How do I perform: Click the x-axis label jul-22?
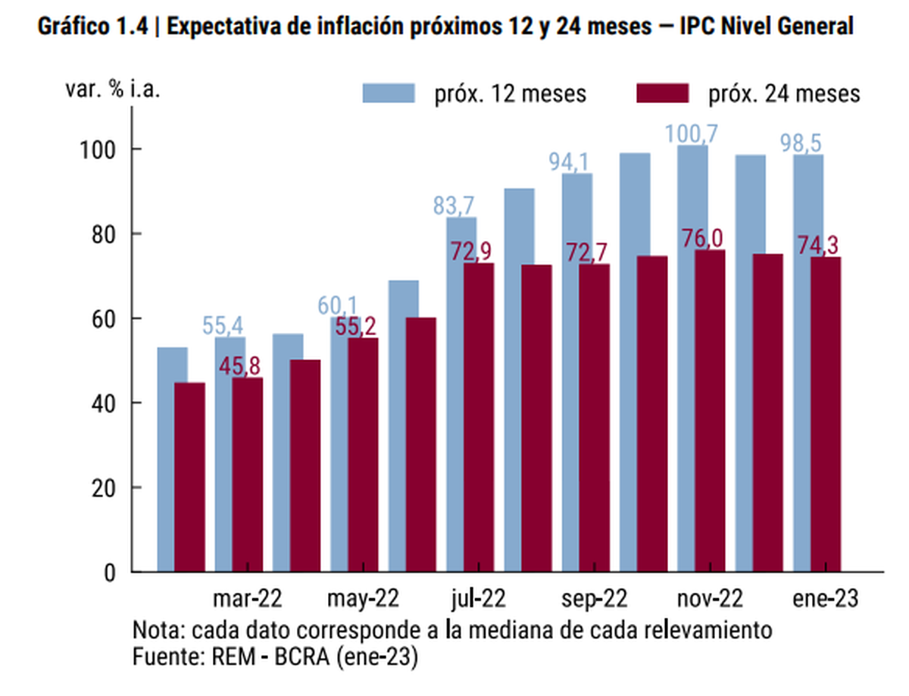479,600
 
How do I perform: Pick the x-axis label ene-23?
826,600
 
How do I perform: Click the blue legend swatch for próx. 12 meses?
389,93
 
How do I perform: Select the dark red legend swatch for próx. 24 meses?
663,93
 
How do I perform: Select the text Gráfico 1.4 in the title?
91,27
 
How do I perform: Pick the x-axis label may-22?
363,600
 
